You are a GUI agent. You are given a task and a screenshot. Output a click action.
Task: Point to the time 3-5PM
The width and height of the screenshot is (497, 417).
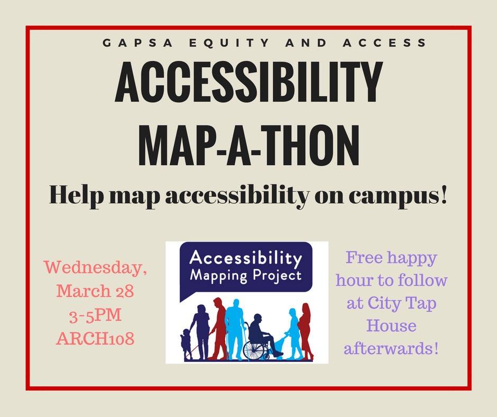(x=95, y=315)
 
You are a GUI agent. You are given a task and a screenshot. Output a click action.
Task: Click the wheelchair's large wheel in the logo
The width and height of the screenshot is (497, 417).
(x=255, y=350)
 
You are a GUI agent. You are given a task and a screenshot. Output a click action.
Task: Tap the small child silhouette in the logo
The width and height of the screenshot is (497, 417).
(x=186, y=343)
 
